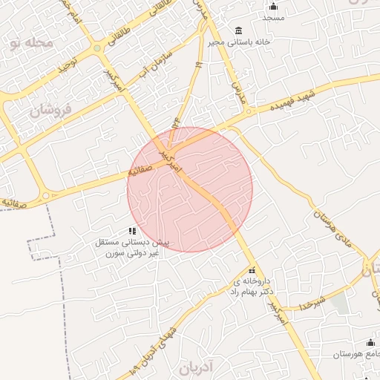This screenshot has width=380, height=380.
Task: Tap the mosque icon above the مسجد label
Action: [273, 6]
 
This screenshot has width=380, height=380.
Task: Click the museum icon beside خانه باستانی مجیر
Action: [237, 30]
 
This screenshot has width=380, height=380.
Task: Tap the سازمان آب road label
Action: [157, 62]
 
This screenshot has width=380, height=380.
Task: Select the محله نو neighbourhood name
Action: [32, 43]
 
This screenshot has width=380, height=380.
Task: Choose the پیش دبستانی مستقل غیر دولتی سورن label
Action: [132, 247]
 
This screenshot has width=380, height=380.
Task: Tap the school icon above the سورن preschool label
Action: [132, 231]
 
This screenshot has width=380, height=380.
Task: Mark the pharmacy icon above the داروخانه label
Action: [252, 271]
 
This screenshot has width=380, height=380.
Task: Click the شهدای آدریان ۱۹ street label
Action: [157, 341]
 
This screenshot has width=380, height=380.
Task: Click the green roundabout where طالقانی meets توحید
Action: [97, 49]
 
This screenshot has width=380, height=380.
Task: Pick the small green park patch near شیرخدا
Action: [339, 302]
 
